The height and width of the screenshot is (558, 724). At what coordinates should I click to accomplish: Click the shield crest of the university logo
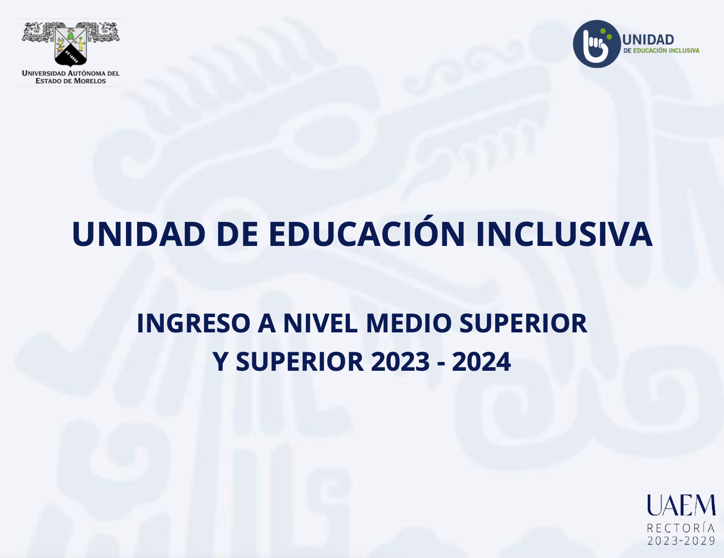coord(71,45)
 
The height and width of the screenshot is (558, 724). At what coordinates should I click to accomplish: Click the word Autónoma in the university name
coord(88,73)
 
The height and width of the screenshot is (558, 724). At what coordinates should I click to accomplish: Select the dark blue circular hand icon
coord(597,44)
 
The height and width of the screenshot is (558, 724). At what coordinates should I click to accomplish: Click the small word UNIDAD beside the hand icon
coord(648,40)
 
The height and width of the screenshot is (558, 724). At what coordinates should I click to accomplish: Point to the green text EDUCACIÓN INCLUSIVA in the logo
coord(666,50)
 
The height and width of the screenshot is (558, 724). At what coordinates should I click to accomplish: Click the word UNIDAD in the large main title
coord(138,234)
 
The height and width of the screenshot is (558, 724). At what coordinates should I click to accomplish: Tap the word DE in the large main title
coord(237,234)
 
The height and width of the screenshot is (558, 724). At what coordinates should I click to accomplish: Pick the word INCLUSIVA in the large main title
coord(564,234)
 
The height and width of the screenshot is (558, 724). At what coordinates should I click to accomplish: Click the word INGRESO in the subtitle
coord(193,323)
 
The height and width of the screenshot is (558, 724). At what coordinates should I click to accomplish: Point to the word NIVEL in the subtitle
coord(320,323)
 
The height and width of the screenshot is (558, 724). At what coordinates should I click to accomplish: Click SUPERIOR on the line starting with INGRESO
coord(523,323)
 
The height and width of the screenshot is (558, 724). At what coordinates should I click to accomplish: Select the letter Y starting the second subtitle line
coord(220,362)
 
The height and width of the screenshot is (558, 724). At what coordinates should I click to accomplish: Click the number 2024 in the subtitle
coord(481,362)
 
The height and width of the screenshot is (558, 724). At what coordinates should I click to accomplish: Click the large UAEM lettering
coord(681,505)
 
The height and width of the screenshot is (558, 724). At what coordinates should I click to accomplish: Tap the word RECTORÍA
coord(680,528)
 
